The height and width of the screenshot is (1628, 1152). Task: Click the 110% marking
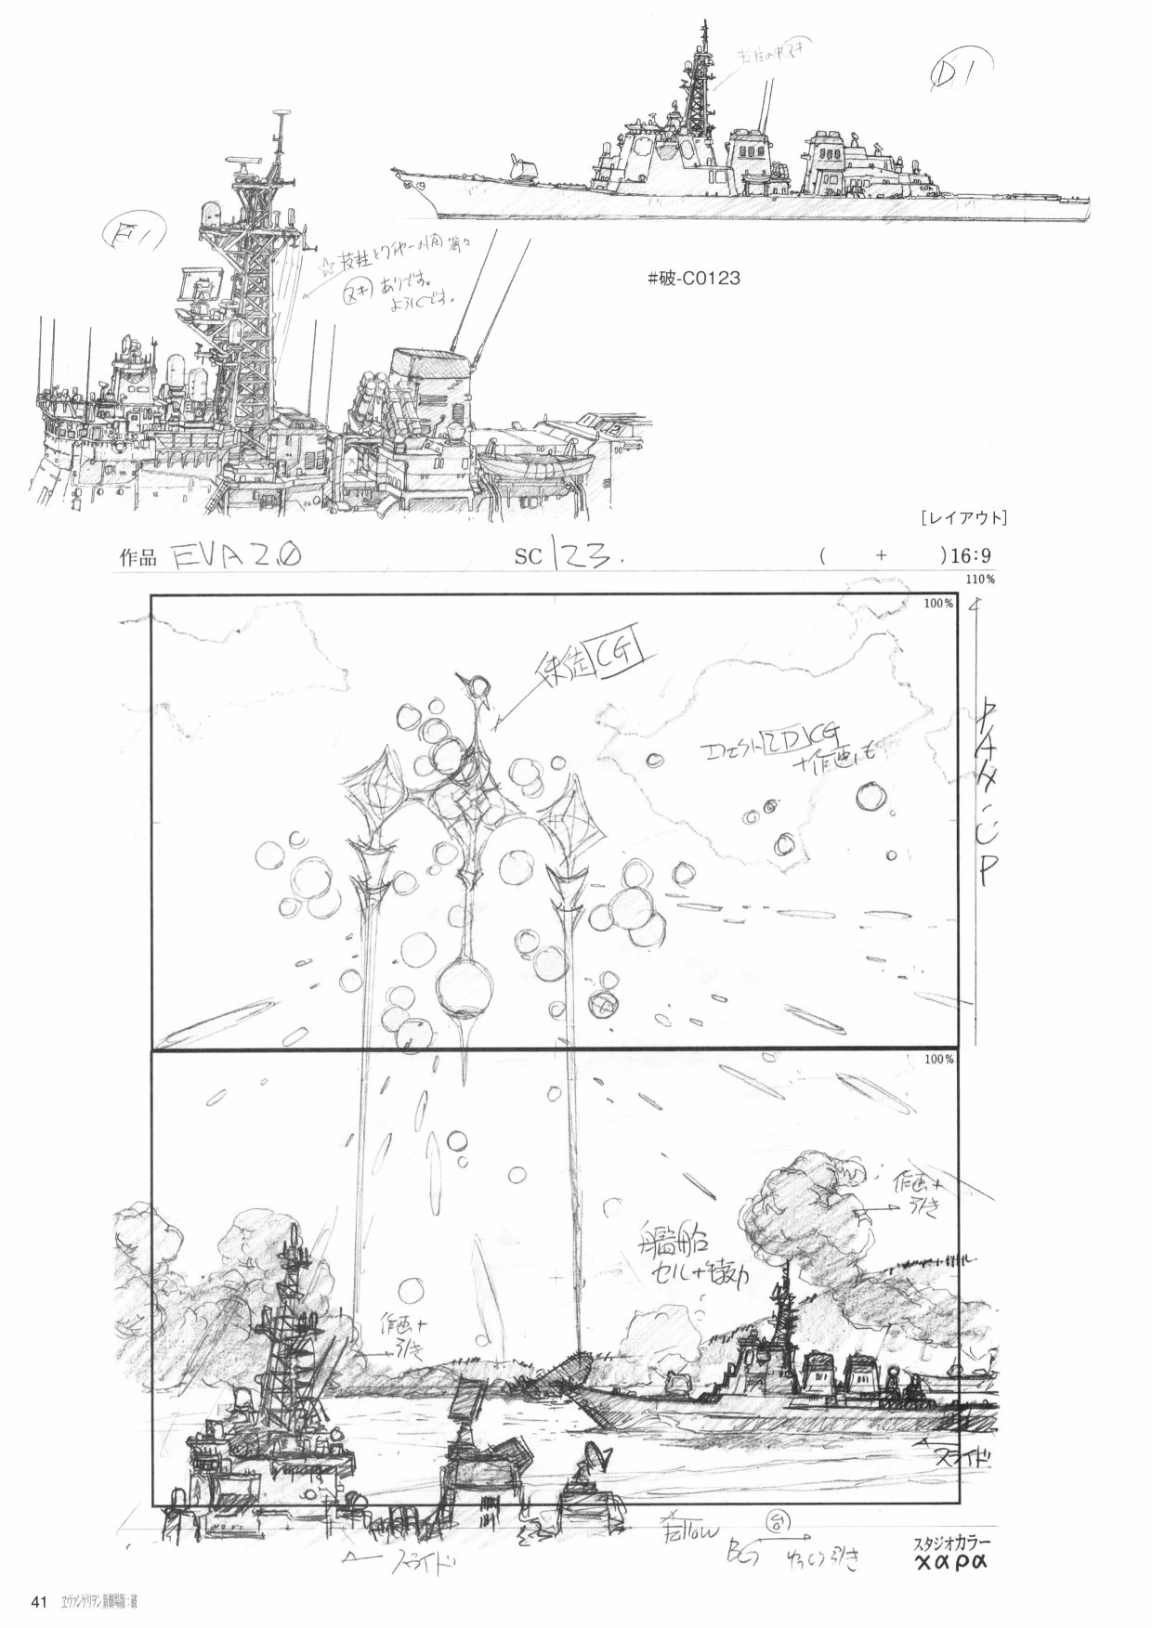pos(981,580)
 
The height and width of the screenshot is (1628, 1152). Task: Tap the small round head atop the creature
pos(479,686)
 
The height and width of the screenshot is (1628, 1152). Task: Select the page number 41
pos(39,1601)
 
